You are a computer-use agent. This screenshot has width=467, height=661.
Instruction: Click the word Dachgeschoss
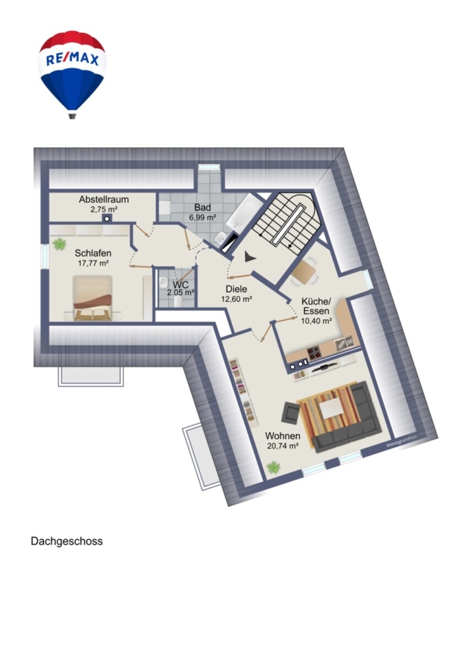click(67, 541)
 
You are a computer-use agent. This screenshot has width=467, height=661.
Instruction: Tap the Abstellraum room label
click(104, 199)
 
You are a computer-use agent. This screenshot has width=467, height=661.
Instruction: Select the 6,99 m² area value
click(203, 217)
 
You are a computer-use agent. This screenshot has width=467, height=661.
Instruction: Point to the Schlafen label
click(93, 253)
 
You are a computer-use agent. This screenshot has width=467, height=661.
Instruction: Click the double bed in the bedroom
click(93, 298)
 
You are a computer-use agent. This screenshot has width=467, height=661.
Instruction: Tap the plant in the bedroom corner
click(60, 244)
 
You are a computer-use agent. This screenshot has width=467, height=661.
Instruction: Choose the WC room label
click(181, 284)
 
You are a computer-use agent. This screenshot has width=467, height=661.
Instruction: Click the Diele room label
click(236, 289)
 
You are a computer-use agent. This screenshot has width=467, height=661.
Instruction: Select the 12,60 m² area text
click(237, 300)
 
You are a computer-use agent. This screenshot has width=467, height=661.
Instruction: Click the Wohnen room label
click(283, 436)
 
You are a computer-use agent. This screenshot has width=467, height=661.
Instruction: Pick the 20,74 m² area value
click(283, 446)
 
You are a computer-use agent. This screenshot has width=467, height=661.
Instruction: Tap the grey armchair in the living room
click(292, 412)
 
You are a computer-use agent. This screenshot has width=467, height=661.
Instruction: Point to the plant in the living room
click(274, 467)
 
